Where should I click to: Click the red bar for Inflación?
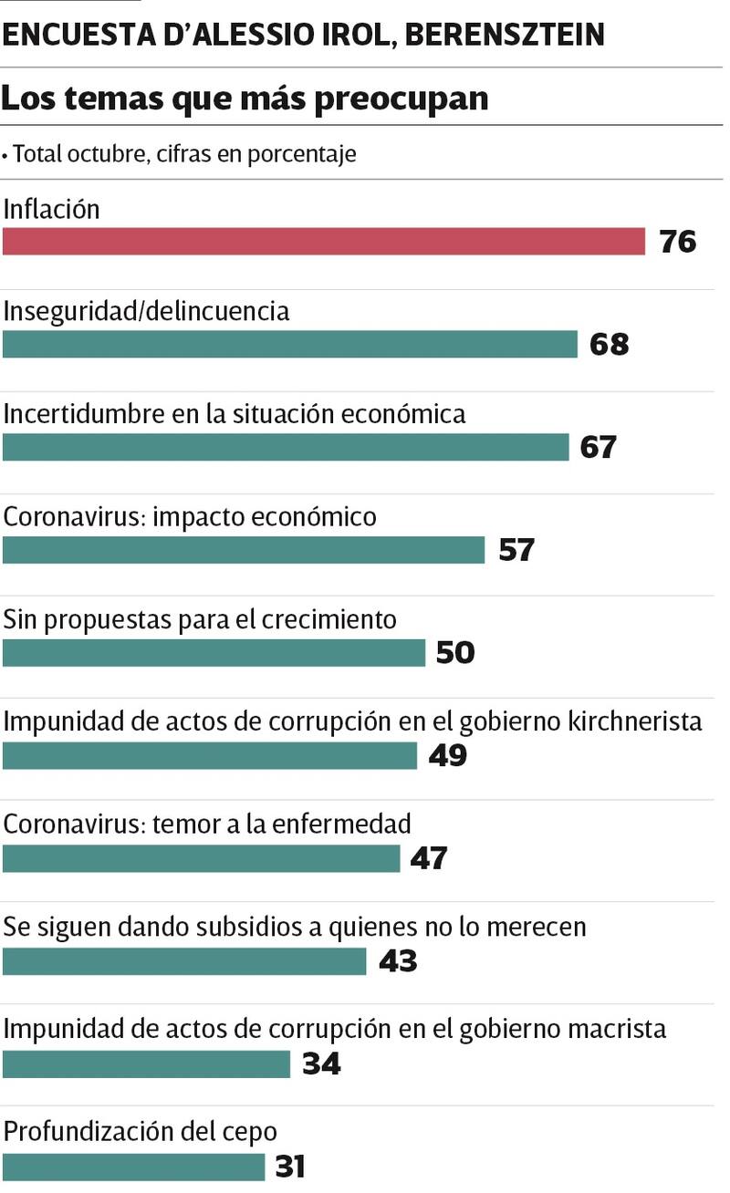324,242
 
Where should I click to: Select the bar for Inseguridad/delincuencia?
290,344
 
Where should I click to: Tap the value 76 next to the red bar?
676,242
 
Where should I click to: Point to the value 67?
599,447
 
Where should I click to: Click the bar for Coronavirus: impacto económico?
244,550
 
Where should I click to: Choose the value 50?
455,653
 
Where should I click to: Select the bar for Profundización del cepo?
133,1167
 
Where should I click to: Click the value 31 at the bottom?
288,1167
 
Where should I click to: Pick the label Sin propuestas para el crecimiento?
200,619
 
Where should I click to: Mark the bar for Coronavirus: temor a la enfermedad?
202,858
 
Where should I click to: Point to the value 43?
397,961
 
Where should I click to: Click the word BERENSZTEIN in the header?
504,35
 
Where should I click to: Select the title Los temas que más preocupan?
245,98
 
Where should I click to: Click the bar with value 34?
146,1063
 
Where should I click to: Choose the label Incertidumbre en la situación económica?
235,414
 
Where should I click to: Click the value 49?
447,755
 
